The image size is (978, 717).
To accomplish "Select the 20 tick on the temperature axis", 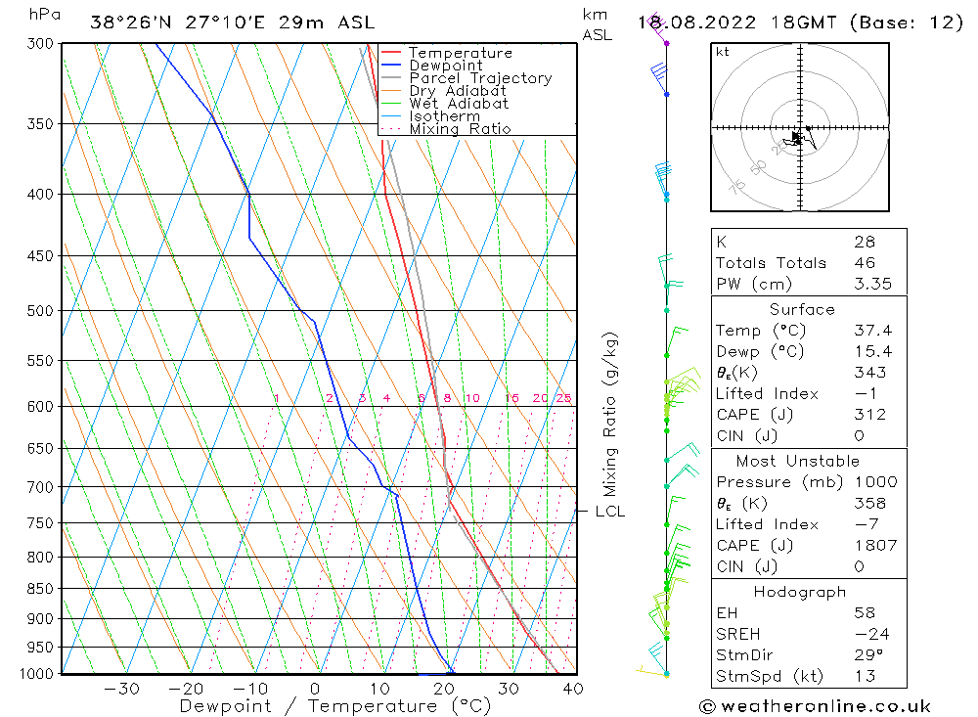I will [x=444, y=689].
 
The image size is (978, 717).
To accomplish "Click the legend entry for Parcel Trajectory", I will [x=479, y=78].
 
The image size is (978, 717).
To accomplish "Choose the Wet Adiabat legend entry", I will [x=459, y=104].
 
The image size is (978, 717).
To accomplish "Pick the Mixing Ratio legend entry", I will [x=460, y=129].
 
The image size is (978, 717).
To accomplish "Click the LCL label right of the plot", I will [x=609, y=512].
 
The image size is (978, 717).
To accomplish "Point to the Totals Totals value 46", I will [x=864, y=263].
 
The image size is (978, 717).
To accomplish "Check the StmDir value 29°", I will [x=864, y=655].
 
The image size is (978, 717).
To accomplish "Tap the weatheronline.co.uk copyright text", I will [x=815, y=706].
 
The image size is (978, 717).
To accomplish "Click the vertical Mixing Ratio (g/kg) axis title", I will [x=610, y=413].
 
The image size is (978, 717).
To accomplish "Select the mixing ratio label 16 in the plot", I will [x=511, y=398].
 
